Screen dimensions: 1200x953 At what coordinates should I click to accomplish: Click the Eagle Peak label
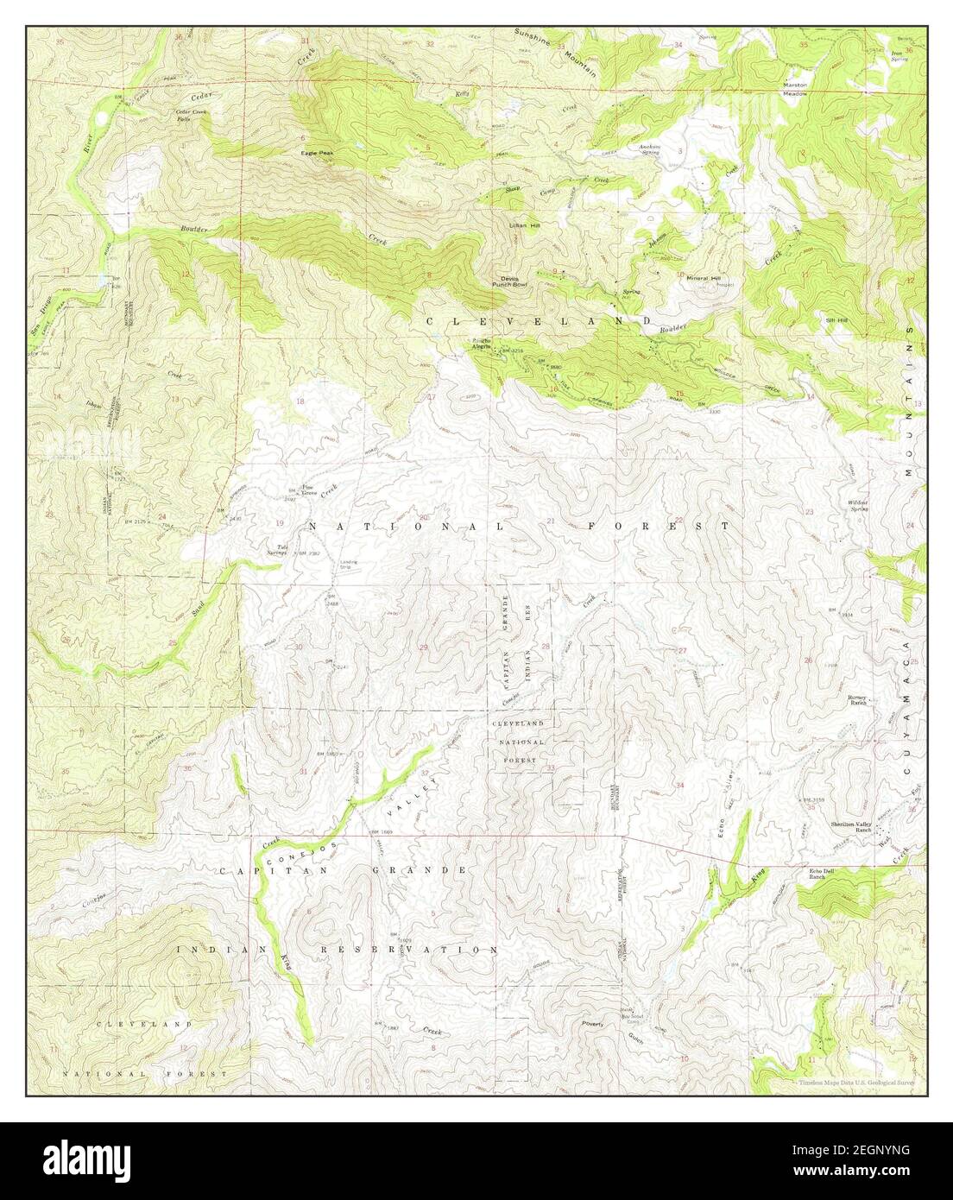pos(318,153)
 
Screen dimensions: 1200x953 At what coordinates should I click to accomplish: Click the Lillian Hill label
pos(523,225)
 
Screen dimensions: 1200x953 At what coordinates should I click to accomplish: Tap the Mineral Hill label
pos(704,277)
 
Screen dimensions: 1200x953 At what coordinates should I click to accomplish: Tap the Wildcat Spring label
pos(857,505)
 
